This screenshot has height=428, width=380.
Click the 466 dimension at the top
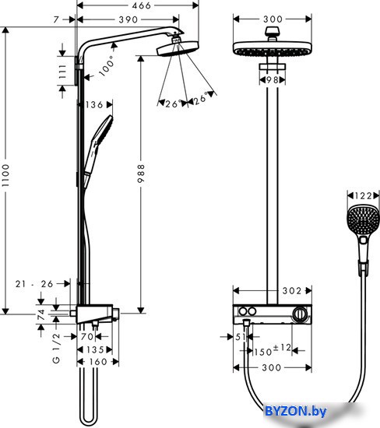coord(141,5)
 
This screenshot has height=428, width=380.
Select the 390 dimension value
coord(128,19)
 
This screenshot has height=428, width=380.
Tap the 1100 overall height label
coord(5,175)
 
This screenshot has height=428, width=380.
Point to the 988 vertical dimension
coord(141,174)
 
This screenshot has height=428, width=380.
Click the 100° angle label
coord(107,66)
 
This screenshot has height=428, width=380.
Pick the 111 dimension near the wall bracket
coord(62,72)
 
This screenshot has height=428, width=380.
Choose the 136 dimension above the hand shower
coord(94,105)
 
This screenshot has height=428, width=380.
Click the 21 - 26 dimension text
coord(34,284)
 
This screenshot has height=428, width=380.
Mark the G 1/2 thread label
coord(56,348)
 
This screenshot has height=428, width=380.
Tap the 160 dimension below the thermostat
coord(98,362)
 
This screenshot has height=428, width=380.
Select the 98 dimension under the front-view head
coord(272,80)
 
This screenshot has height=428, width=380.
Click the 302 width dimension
coord(292,291)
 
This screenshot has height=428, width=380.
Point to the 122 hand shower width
coord(363,195)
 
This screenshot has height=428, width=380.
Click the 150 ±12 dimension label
coord(273,350)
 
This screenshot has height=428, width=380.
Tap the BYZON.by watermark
coord(296,411)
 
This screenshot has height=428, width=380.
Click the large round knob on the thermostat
coord(301,314)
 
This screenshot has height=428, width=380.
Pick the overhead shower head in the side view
coord(178,49)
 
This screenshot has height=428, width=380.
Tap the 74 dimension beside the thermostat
coord(41,314)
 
